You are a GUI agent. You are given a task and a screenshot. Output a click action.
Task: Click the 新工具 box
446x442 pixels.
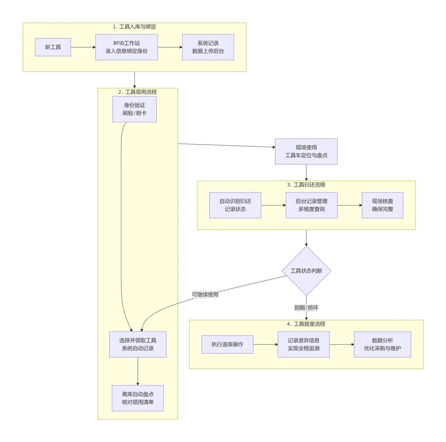point(53,47)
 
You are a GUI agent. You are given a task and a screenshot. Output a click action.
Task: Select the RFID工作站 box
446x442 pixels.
point(126,47)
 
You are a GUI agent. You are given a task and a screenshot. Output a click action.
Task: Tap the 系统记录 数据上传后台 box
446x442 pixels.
point(208,47)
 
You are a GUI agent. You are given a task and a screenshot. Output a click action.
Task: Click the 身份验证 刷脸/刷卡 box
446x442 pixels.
point(134,109)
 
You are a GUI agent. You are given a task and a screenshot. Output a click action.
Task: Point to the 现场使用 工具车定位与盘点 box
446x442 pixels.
point(306,152)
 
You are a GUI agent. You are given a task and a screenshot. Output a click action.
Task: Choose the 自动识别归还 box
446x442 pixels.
point(235,205)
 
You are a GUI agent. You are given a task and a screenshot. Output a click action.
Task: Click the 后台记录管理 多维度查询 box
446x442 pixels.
point(311,205)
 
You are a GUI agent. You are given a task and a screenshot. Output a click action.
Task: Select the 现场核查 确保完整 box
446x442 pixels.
point(382,205)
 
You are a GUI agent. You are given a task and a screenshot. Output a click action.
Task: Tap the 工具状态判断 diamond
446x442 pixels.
point(306,271)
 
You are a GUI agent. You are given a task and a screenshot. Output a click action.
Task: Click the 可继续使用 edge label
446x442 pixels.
point(205,294)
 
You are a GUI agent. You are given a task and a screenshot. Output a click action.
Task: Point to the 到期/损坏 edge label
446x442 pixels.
point(306,307)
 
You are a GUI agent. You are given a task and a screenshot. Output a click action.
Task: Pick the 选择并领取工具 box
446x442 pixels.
point(138,344)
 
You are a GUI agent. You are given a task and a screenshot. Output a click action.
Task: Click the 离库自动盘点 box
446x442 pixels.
point(138,398)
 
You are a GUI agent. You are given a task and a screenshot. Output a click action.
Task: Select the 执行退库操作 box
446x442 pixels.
point(227,344)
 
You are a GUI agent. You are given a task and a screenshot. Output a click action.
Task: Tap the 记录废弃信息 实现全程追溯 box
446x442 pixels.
point(304,344)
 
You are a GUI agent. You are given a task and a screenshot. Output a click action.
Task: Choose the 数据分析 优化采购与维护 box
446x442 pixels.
point(382,344)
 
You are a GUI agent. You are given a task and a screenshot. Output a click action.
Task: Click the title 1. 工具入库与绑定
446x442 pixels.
point(134,27)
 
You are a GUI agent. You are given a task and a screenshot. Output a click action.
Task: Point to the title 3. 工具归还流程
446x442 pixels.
point(306,185)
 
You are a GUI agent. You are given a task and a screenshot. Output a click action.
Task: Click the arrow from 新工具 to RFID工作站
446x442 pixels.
point(83,47)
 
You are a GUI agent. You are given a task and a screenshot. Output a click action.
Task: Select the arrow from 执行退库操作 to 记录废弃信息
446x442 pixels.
point(265,344)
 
